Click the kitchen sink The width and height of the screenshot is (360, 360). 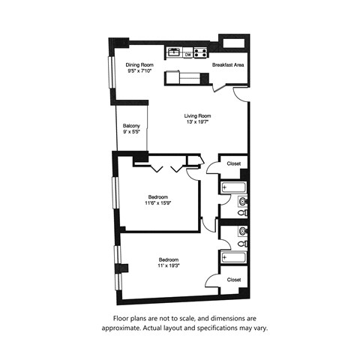click(174, 52)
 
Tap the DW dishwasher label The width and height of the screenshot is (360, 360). click(187, 54)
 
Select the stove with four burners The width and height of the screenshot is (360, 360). click(200, 52)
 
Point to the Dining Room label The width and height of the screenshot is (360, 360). click(139, 64)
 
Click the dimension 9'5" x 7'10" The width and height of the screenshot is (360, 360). click(139, 70)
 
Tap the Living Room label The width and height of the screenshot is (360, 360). click(199, 115)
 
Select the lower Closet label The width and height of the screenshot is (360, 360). click(234, 279)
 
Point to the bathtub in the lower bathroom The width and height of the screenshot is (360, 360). click(229, 257)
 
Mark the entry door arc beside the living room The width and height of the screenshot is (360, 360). click(240, 94)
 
